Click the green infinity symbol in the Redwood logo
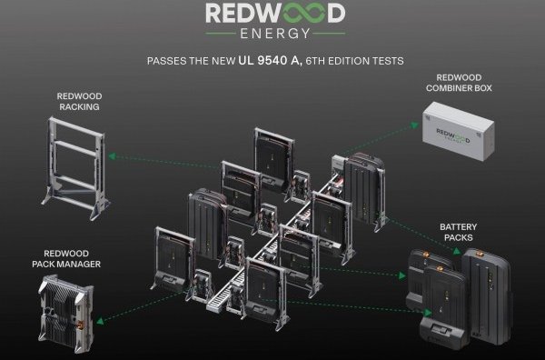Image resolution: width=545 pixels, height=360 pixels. [x=297, y=14]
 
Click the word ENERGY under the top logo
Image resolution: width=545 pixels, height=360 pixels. [x=275, y=34]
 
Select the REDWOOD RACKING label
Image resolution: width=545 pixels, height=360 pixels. [x=79, y=101]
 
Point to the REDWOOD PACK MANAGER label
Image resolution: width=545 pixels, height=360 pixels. [x=66, y=258]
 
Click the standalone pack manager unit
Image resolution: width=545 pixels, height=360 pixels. [x=65, y=309]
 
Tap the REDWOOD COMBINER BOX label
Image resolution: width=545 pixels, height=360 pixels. [x=459, y=83]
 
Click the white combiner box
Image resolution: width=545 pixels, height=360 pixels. [x=458, y=131]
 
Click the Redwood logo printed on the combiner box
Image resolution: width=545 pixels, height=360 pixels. [x=453, y=135]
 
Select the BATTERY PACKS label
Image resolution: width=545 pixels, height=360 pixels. [x=458, y=232]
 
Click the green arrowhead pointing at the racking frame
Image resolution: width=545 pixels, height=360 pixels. [x=112, y=156]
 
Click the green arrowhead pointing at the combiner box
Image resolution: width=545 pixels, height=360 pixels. [x=415, y=125]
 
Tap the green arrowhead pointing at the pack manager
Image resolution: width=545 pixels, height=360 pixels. [x=100, y=320]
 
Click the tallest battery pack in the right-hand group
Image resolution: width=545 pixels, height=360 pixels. [x=487, y=296]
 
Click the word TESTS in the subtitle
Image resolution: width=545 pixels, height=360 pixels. [x=388, y=61]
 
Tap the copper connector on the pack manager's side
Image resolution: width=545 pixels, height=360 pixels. [x=80, y=326]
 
